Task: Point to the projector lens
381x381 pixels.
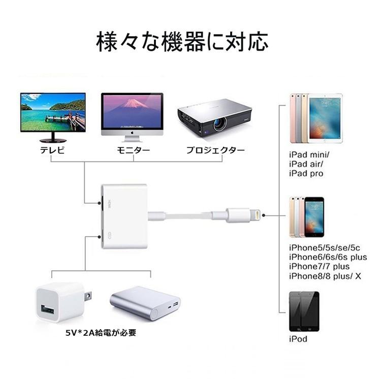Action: [220, 123]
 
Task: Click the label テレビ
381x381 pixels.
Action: [53, 150]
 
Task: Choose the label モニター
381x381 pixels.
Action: [133, 150]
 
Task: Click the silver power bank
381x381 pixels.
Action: [146, 303]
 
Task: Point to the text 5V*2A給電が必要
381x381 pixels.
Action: [101, 333]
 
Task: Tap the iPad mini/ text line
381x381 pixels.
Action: [309, 155]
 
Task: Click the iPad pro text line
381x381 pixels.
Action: [306, 174]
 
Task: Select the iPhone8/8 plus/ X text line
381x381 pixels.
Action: [325, 276]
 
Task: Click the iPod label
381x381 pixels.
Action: [298, 339]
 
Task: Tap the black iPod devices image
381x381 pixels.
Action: [304, 311]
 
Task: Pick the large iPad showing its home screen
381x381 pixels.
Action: [325, 118]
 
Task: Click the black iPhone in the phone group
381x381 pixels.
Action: [314, 217]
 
